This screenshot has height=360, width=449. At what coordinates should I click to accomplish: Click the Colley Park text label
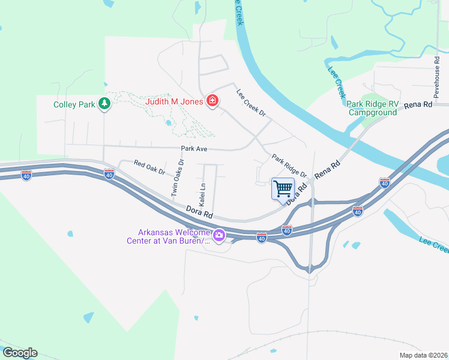click(74, 104)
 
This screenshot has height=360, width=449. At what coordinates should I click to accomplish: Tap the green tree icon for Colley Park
click(104, 104)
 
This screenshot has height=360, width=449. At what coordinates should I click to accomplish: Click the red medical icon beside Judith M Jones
click(211, 100)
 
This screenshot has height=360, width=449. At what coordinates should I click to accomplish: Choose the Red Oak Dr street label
click(149, 167)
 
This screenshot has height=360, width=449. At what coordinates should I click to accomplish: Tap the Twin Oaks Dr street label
click(177, 178)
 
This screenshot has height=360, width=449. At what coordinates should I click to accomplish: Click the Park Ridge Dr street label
click(289, 166)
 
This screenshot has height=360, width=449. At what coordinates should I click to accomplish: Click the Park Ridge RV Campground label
click(373, 108)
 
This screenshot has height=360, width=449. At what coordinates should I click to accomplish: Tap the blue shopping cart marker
click(283, 188)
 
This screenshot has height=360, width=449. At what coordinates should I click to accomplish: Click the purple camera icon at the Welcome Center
click(220, 236)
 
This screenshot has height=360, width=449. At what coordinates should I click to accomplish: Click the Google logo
click(20, 353)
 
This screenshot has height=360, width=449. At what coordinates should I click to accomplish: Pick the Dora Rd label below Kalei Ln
click(200, 212)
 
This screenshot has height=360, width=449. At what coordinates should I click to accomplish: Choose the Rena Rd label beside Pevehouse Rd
click(418, 104)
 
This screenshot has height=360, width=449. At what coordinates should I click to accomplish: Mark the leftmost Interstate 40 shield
click(26, 175)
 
